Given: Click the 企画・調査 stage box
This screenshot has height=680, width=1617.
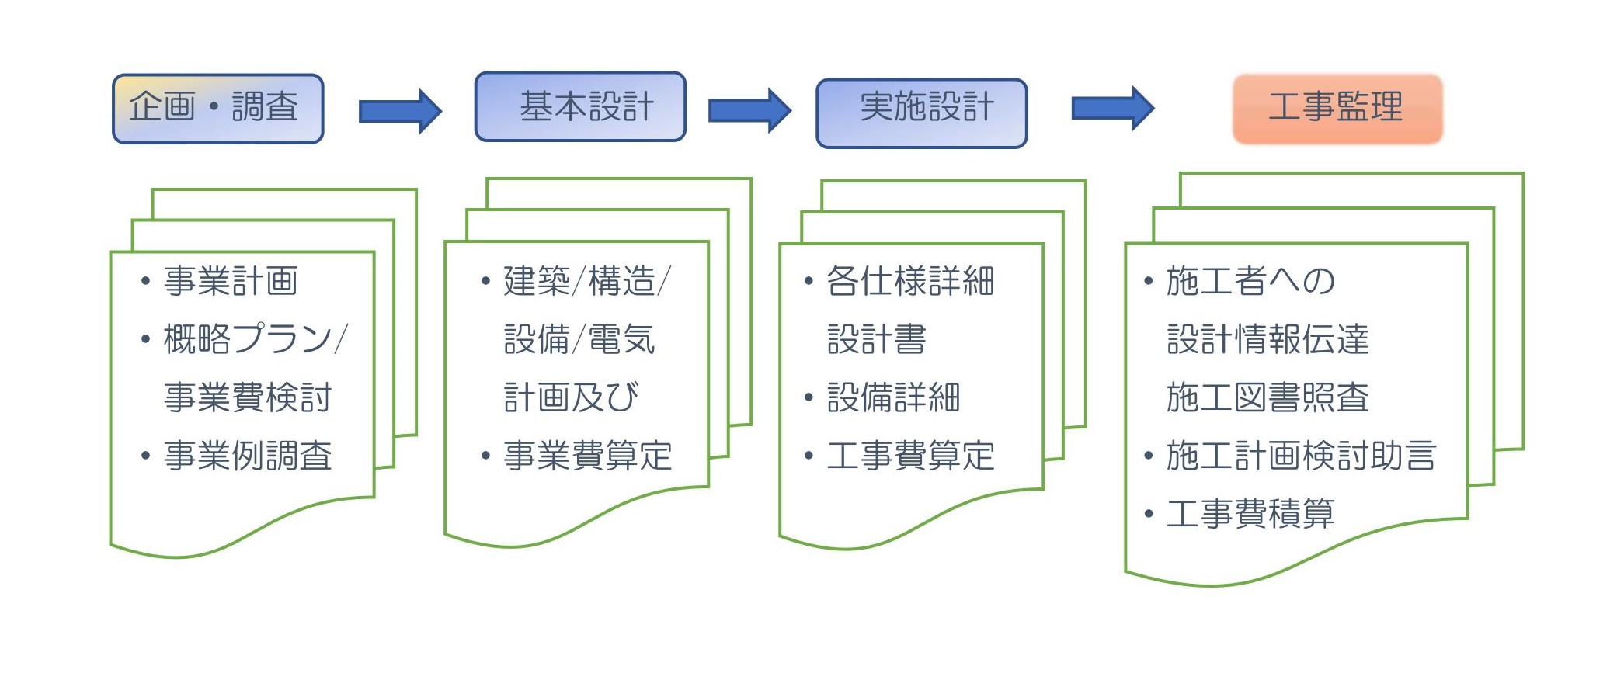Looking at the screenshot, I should (217, 109).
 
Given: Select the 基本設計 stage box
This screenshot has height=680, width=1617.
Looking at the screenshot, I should (580, 107).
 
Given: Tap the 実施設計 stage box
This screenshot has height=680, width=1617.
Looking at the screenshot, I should (921, 113).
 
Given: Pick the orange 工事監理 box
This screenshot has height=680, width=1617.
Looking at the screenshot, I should (1337, 109).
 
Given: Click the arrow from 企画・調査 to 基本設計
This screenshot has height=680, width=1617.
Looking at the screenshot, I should (400, 111).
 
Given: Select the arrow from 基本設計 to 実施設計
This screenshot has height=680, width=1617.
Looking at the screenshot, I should (749, 110).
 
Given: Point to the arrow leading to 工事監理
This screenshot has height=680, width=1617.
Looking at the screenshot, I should (1113, 108).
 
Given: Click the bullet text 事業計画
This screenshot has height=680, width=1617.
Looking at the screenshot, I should (231, 281).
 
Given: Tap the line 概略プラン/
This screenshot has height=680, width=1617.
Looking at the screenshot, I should (256, 339).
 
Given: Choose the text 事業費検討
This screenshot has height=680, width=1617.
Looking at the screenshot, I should (248, 397).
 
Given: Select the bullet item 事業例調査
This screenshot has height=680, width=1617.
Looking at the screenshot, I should (248, 456).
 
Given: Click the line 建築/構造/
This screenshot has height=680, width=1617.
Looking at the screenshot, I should (587, 281).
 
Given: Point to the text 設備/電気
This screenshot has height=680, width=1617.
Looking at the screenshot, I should (579, 339).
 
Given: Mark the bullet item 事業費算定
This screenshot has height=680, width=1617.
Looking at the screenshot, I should (587, 456).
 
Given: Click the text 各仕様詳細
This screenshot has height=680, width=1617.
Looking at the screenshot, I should (910, 281).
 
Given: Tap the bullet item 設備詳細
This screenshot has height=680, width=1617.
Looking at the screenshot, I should (893, 397).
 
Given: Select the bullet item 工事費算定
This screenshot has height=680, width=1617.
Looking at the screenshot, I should (910, 456).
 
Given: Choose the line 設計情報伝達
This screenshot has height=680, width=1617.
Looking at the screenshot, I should (1268, 339).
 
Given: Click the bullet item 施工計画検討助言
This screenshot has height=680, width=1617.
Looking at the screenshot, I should (1301, 456).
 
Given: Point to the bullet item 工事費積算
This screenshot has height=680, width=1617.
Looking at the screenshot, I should (1250, 514).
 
